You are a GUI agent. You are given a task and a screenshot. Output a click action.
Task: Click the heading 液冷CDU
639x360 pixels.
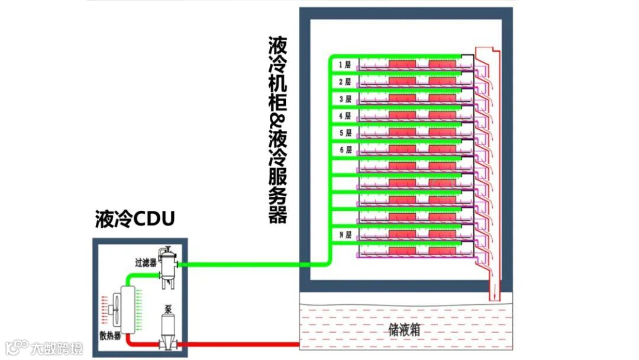point(135,219)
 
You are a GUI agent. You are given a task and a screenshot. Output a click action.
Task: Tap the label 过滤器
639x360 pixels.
point(145,261)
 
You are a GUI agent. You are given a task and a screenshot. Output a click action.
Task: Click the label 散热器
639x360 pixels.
point(110,336)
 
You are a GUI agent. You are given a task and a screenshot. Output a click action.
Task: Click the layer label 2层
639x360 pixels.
point(345,82)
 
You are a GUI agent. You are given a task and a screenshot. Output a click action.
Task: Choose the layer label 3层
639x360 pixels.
point(345,99)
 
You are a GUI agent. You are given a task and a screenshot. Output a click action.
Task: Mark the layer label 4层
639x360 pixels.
point(345,116)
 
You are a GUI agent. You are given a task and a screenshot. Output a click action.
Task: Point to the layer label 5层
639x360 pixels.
point(345,133)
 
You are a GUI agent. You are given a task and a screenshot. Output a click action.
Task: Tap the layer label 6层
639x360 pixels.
point(345,150)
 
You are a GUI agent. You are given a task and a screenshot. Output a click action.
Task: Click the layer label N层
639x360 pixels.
point(345,235)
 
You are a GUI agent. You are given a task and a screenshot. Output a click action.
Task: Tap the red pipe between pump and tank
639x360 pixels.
point(237,345)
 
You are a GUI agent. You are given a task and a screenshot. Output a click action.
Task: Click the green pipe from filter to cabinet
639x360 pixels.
point(248,264)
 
